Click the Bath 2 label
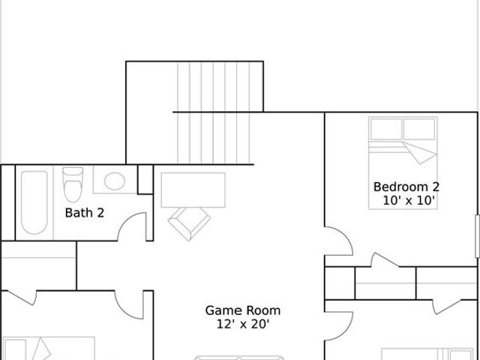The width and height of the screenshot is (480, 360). coord(85,213)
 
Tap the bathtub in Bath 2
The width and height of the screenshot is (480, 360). coord(34,202)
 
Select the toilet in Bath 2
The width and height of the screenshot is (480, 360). coord(73,184)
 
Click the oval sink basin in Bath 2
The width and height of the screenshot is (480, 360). coord(115,181)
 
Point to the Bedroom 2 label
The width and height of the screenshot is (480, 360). coord(406,187)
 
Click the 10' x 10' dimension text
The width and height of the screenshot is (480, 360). coord(409,200)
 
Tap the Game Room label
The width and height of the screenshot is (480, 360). coord(243,310)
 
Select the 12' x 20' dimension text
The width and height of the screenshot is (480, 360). coord(243,324)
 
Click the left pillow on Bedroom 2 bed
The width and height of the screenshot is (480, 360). coord(386,129)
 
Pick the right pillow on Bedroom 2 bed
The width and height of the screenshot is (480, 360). coord(419,129)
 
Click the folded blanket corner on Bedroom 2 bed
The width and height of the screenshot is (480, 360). coord(420,152)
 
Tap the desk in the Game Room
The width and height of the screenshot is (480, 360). coord(193,190)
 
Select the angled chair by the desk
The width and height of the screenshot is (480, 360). coord(189,223)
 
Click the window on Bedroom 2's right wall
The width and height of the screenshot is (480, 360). coord(477,236)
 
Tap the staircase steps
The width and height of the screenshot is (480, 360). coord(214,112)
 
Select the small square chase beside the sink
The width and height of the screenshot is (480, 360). coord(145,179)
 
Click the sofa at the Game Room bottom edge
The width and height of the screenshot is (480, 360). coord(240,358)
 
